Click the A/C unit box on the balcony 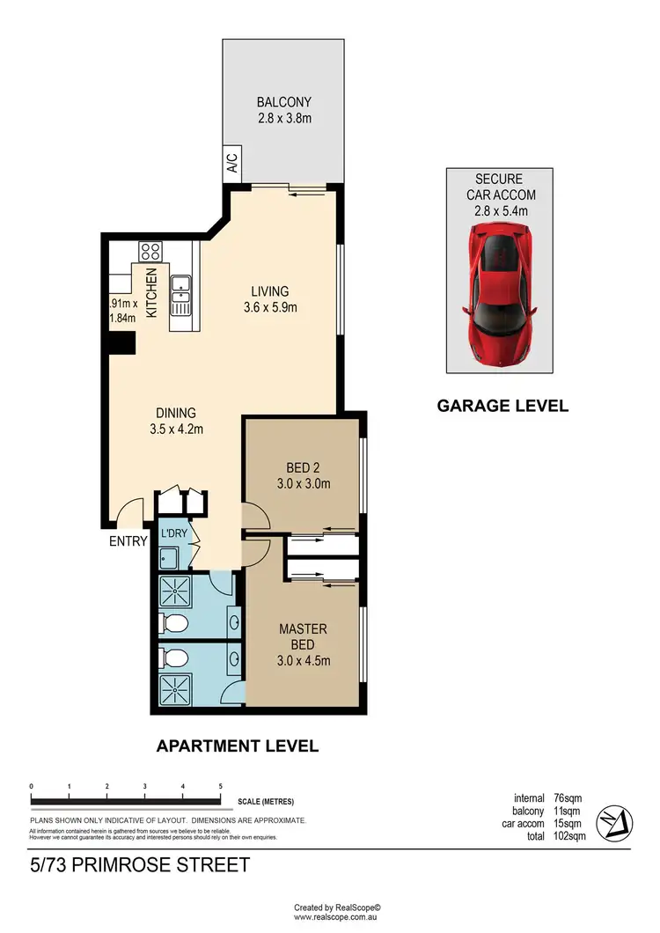point(232,163)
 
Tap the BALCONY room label point(283,101)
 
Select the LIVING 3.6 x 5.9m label point(270,299)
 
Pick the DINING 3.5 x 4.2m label point(176,421)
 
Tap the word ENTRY point(128,541)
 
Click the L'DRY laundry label point(172,533)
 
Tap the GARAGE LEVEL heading point(502,406)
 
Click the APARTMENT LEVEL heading point(237,746)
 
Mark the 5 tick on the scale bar point(220,786)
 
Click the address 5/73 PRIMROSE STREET point(139,865)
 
